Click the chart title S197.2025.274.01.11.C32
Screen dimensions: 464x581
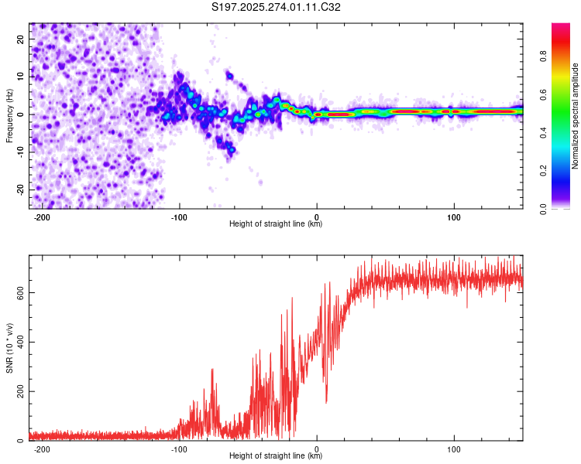(x=277, y=7)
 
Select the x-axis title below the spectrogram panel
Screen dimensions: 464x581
(x=276, y=224)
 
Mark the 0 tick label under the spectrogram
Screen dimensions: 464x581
(x=317, y=217)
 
